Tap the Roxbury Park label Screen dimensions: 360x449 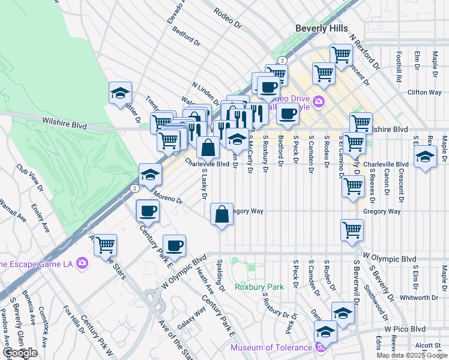click(x=259, y=287)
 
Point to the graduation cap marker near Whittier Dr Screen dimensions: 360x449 click(x=120, y=93)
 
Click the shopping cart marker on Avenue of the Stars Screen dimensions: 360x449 click(x=105, y=244)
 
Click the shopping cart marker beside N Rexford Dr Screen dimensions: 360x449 click(x=341, y=56)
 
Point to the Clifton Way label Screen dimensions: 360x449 click(x=424, y=92)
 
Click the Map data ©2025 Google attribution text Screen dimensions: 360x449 click(x=411, y=355)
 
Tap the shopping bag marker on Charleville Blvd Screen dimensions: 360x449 click(x=208, y=147)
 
